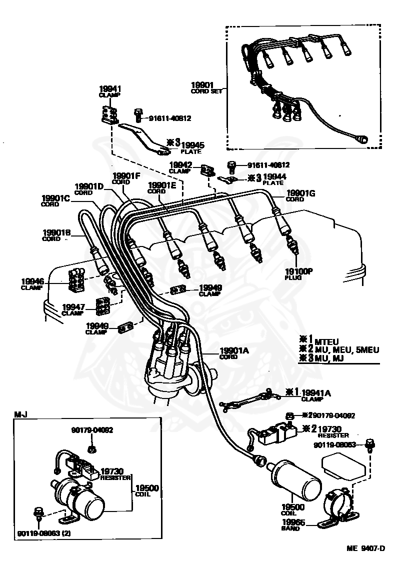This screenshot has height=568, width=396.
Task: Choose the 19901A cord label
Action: [x=234, y=351]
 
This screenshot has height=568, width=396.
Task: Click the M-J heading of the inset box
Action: [x=20, y=414]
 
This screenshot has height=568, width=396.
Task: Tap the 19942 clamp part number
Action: [x=180, y=164]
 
